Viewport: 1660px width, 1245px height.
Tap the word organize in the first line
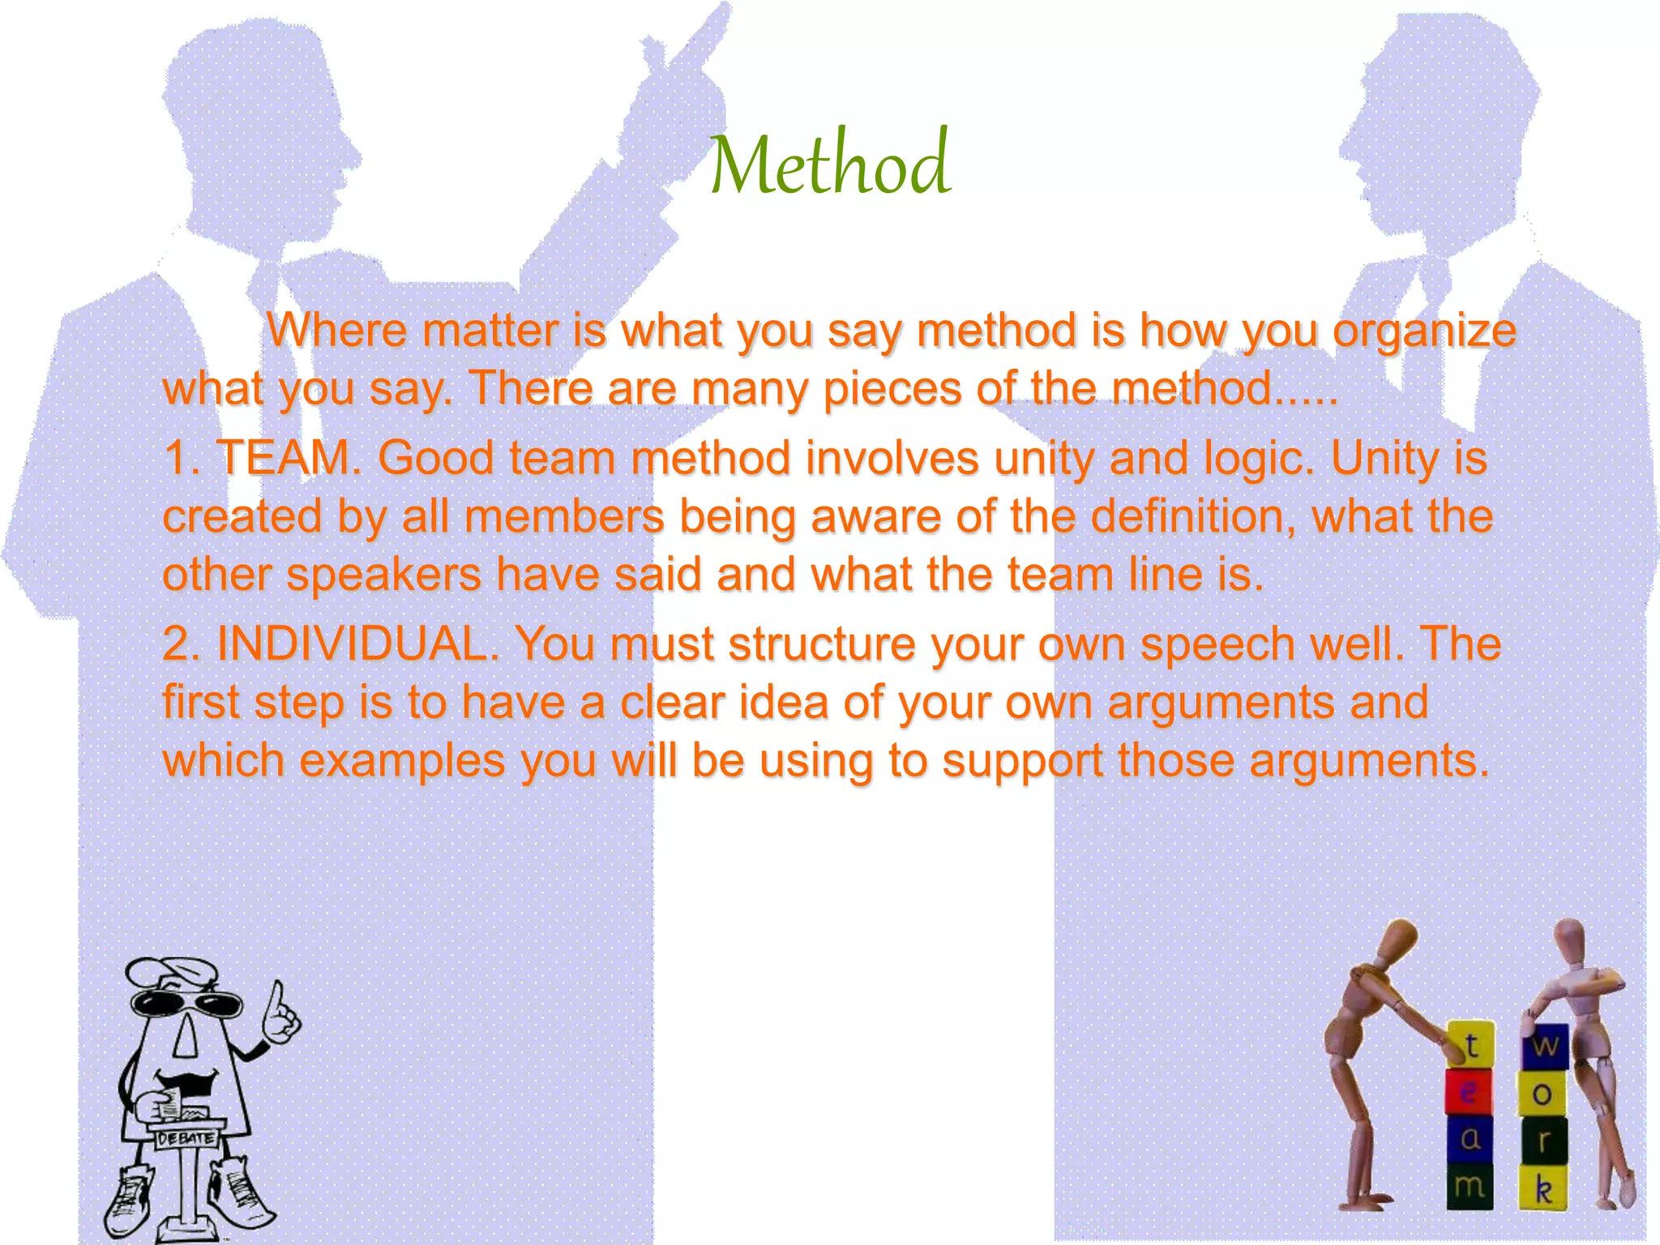(1424, 331)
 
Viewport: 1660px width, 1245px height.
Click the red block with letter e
(1468, 1093)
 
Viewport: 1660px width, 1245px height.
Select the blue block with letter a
(1470, 1140)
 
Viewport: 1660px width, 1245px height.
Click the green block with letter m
(1470, 1187)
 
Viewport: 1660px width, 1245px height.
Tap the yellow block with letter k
(1542, 1188)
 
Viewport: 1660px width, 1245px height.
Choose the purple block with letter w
(1545, 1046)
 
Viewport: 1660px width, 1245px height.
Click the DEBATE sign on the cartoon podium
(186, 1138)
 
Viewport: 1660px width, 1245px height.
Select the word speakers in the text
(384, 575)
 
